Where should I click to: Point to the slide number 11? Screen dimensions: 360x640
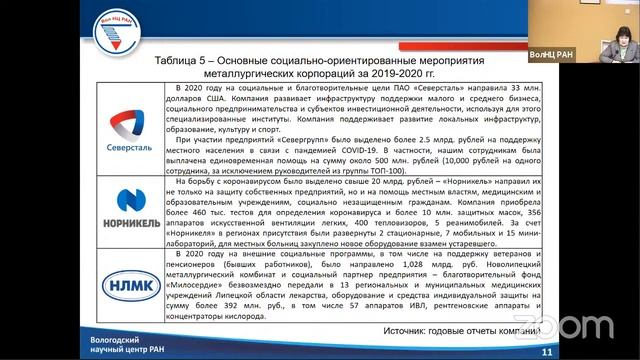pos(546,351)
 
